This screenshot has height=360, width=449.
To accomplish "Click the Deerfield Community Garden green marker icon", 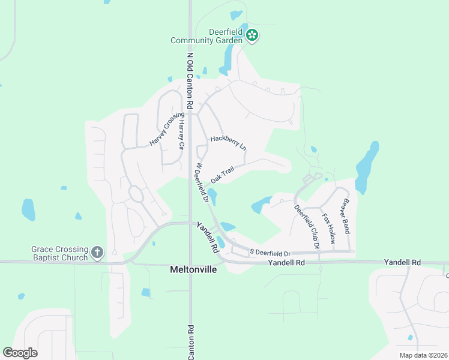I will coord(253,36).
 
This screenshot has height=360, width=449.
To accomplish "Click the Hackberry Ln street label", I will coord(228,142).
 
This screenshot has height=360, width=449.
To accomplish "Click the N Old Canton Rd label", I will coord(190,80).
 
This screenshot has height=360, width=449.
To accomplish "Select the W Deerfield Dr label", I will coord(201,182).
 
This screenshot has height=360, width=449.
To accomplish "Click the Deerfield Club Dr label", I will coord(306,227).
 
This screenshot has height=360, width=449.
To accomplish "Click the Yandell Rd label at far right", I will coord(403,263).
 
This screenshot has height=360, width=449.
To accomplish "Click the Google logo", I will coord(20,353).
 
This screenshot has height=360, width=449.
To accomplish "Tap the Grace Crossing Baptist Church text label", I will coord(59,253).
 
